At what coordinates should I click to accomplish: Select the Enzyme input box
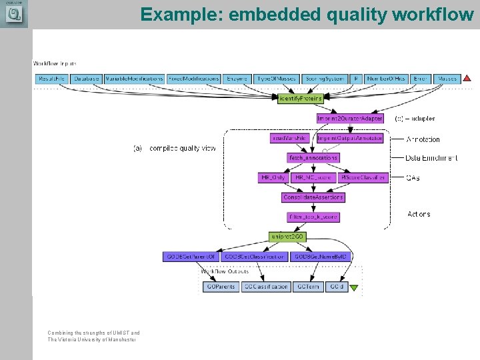pos(237,79)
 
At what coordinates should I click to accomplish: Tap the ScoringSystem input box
pos(325,79)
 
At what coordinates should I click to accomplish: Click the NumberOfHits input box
pos(386,79)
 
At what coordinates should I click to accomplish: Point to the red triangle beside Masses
pos(467,79)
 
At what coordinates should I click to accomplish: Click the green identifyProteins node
pos(300,98)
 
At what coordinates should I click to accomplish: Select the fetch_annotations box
pos(313,158)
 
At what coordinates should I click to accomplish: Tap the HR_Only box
pos(273,178)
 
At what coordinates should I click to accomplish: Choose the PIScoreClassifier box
pos(363,178)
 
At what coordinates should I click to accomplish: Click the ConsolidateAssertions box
pos(313,197)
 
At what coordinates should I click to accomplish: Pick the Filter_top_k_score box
pos(313,217)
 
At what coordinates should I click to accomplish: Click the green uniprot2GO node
pos(287,237)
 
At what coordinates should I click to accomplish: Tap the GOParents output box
pos(221,287)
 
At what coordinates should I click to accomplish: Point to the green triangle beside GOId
pos(354,288)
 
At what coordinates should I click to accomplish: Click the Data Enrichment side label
pos(432,158)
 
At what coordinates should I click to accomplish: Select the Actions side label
pos(419,214)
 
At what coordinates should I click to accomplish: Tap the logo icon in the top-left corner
pos(13,15)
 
